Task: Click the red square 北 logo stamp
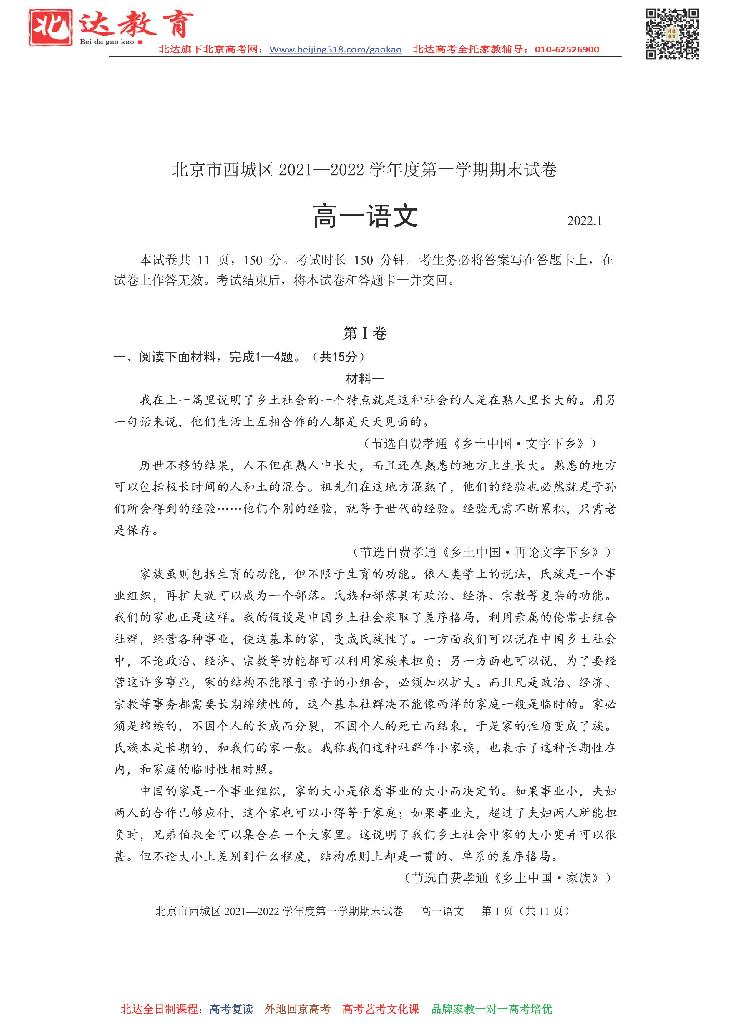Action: (x=50, y=27)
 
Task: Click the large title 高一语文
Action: (x=365, y=216)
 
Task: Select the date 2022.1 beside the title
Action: (x=584, y=221)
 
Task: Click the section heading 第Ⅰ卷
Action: (x=365, y=333)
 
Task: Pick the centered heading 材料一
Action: (x=365, y=378)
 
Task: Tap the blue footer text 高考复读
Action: (x=231, y=1009)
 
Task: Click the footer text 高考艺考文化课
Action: (x=381, y=1009)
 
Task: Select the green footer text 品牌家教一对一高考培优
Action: (x=492, y=1009)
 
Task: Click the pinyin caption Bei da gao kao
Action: (x=107, y=42)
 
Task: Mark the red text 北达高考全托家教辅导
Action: (x=468, y=49)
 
